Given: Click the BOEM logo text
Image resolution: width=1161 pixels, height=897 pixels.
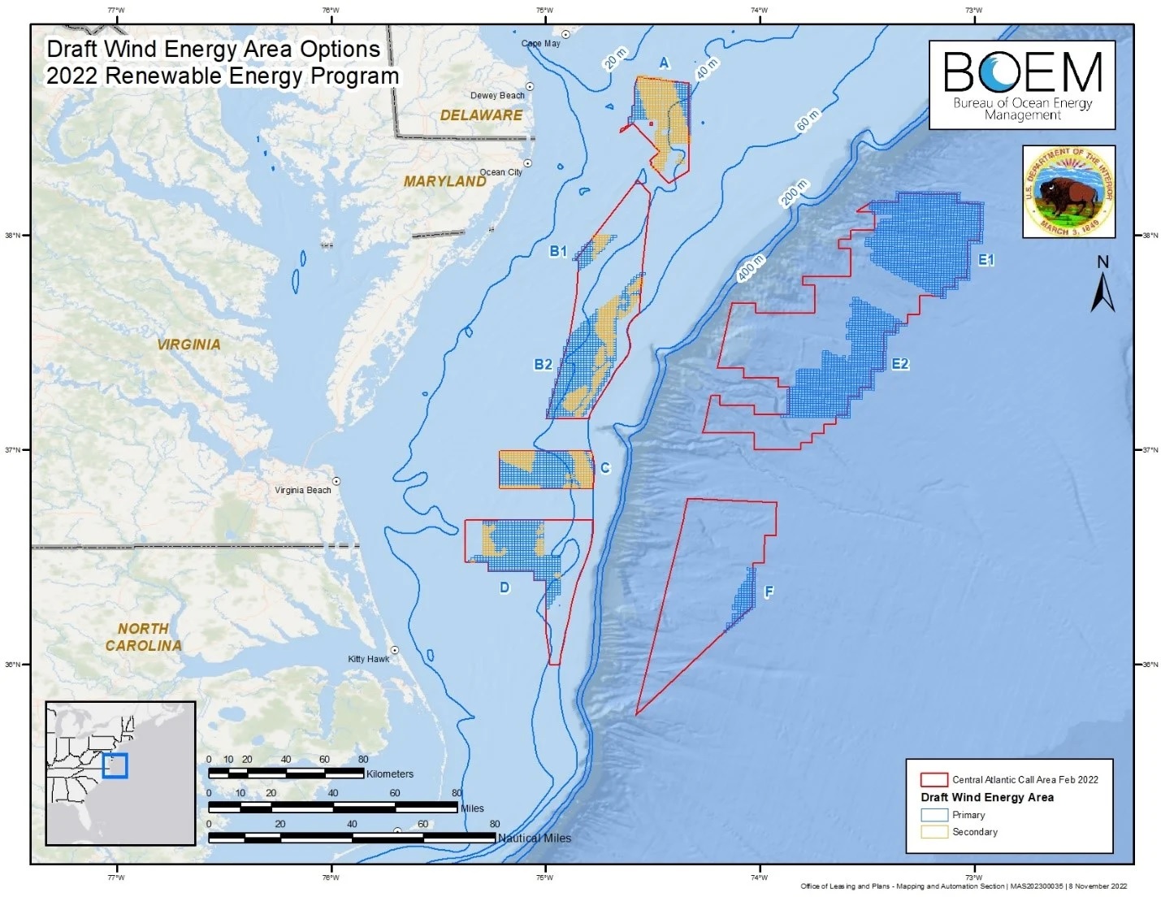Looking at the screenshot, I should click(1022, 73).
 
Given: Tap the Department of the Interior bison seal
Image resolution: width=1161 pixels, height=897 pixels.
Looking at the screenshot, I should click(1068, 192).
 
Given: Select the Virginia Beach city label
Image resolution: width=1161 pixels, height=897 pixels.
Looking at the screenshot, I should click(302, 490).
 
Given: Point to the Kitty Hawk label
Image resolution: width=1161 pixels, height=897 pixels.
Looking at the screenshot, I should click(368, 659).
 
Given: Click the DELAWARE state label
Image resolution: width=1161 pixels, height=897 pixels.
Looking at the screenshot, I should click(481, 115).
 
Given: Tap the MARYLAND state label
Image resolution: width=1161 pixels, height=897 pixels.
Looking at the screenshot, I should click(444, 181).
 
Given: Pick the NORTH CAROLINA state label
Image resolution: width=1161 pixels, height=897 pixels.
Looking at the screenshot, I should click(143, 637).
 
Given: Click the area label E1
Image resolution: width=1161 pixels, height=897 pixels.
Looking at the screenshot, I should click(986, 260).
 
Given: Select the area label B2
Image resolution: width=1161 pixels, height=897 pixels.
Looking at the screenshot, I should click(543, 364).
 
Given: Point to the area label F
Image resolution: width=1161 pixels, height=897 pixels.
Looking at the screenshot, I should click(768, 592).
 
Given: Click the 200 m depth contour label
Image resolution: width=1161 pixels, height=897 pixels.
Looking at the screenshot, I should click(795, 194).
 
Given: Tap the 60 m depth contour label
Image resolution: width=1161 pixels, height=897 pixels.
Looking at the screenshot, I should click(807, 120).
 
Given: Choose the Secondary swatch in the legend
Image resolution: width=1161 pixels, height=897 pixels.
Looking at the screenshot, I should click(934, 832).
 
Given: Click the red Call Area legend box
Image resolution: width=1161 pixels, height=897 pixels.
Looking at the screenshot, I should click(934, 779).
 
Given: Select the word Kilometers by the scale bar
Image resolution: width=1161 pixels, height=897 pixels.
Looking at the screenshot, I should click(390, 773).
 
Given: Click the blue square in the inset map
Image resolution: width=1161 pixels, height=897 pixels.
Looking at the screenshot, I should click(115, 765).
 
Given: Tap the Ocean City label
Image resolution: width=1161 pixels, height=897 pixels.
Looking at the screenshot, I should click(500, 172).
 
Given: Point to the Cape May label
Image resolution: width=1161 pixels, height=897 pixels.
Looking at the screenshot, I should click(540, 43).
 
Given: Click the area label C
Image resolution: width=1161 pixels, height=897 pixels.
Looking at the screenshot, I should click(604, 468).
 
